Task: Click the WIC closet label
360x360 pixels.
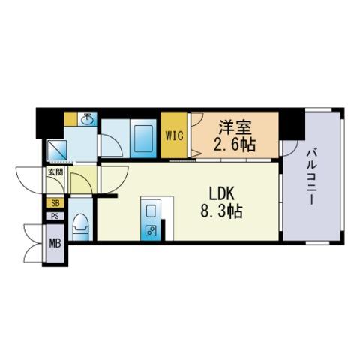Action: [175, 136]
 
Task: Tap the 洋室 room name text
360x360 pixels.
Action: [235, 127]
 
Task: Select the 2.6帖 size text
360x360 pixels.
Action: [235, 145]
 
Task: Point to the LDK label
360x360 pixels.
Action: [221, 193]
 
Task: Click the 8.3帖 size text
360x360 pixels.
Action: [221, 211]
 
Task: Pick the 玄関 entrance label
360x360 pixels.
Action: [55, 172]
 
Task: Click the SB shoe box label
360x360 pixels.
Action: [55, 203]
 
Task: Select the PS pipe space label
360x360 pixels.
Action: [55, 216]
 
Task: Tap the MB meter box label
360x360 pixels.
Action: [55, 243]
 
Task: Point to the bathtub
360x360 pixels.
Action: [143, 139]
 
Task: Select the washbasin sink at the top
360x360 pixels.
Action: [87, 119]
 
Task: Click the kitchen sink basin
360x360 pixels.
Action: [151, 211]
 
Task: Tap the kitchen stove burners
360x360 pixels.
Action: [151, 231]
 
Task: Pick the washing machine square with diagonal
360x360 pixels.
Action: [57, 150]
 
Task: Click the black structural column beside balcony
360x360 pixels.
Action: [292, 124]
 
